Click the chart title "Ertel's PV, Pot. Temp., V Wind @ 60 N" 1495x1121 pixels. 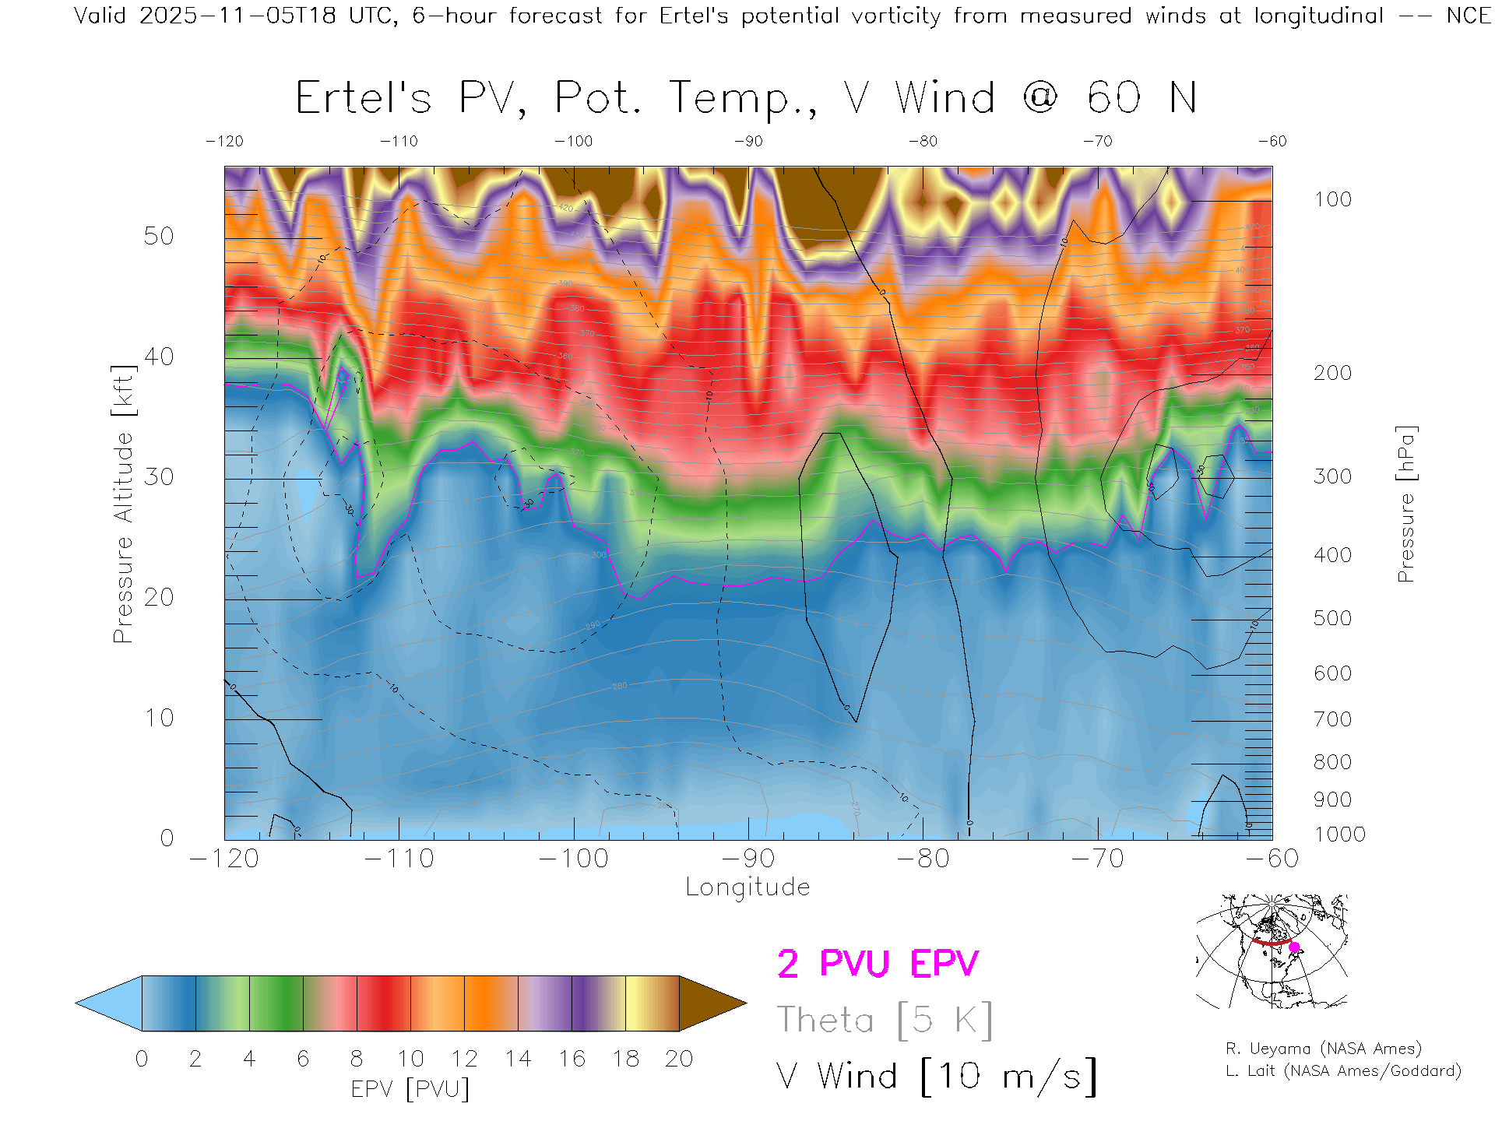point(746,99)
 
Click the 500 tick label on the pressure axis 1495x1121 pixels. point(1332,618)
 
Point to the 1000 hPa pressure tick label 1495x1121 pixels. point(1339,835)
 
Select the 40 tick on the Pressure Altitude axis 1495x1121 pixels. point(159,357)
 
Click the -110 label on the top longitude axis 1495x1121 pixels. point(399,142)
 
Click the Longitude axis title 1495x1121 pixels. point(747,887)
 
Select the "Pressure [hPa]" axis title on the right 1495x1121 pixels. point(1405,504)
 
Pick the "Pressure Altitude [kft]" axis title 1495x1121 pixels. point(123,504)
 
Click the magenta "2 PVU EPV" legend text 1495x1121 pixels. point(878,964)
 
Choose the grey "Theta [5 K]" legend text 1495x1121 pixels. point(885,1020)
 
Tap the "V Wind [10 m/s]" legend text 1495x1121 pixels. point(937,1077)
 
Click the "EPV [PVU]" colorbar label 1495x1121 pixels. point(410,1089)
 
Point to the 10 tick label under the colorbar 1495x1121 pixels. point(410,1059)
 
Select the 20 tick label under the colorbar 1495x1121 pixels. point(679,1059)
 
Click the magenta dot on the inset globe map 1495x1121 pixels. point(1294,947)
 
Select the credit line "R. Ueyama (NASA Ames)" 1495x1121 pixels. point(1324,1049)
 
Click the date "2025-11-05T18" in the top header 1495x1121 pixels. point(237,16)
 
